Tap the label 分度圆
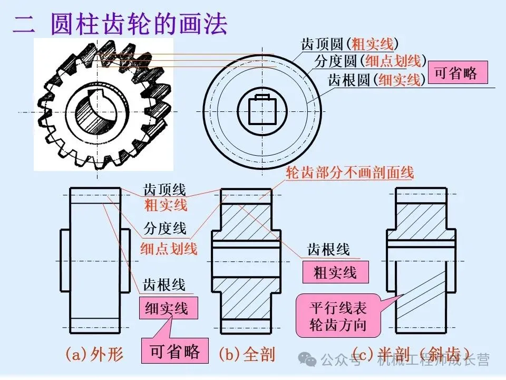(x=336, y=61)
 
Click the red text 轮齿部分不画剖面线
(x=350, y=173)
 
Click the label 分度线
(x=165, y=229)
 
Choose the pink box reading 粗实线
(x=335, y=273)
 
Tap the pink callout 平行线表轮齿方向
(x=338, y=316)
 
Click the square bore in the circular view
(x=262, y=110)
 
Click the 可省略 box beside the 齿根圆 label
(x=456, y=73)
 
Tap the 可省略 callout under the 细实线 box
(x=174, y=351)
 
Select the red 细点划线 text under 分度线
(x=169, y=249)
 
